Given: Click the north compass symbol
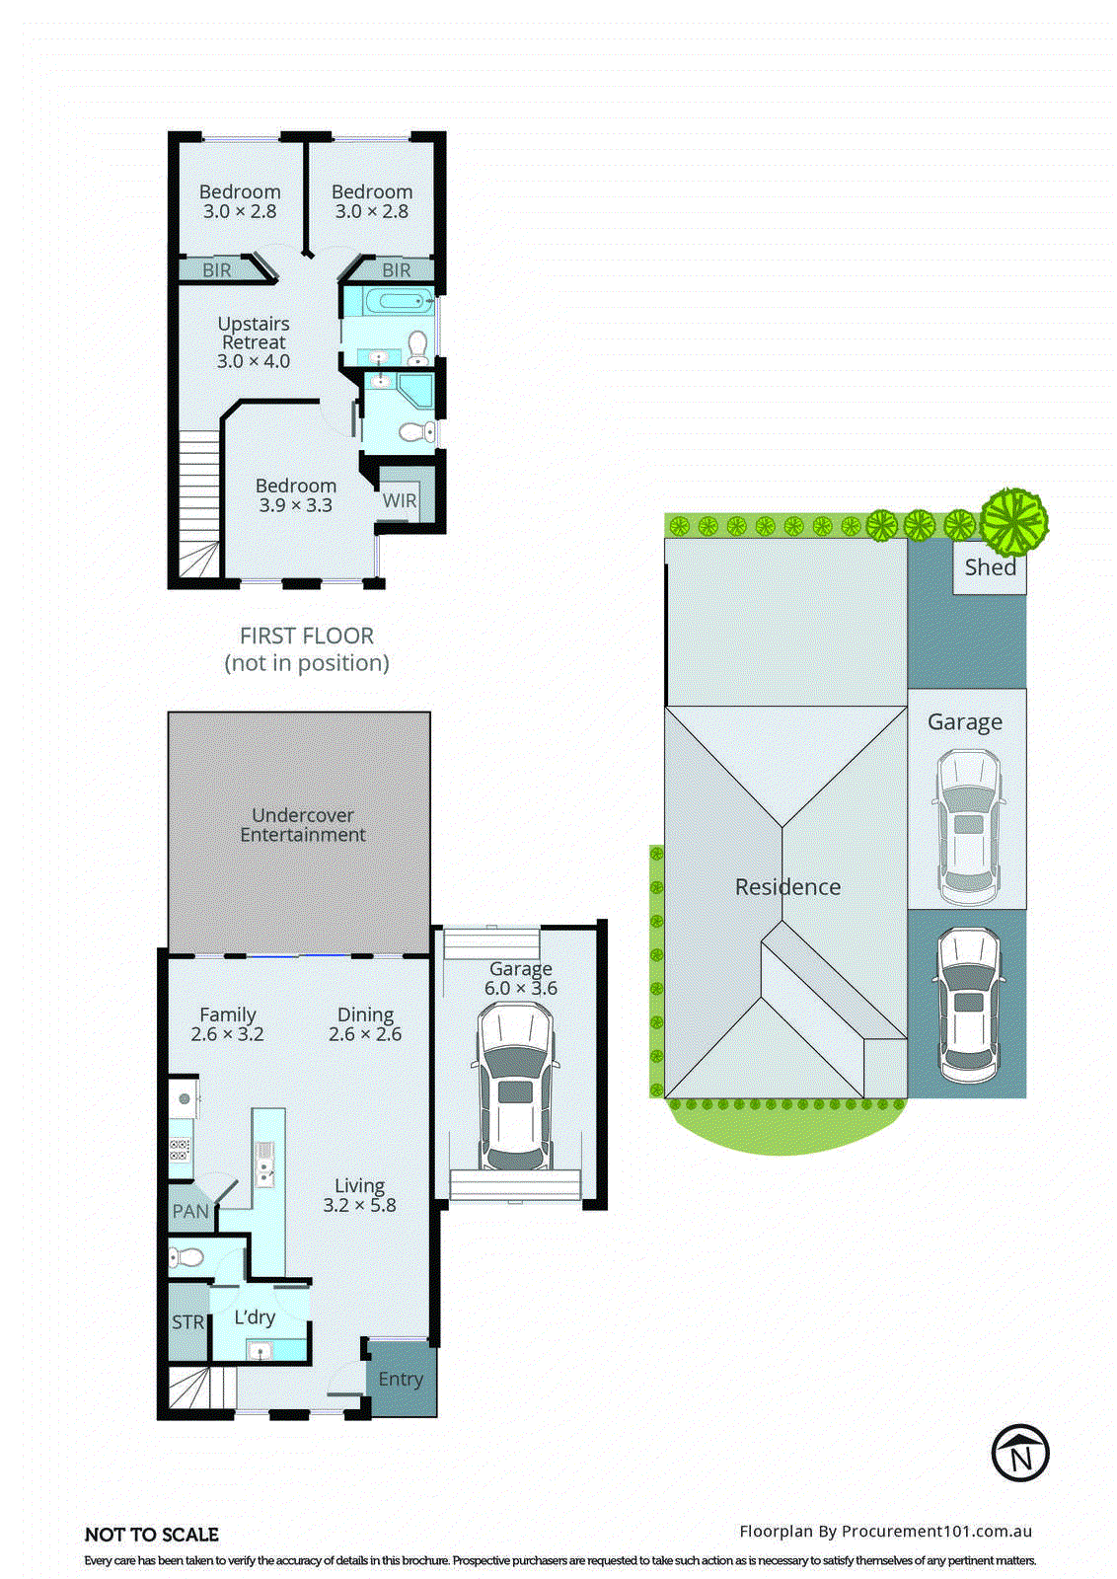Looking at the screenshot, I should (1020, 1453).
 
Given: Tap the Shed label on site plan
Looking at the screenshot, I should (990, 567).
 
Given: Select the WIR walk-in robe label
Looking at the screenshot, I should (400, 500).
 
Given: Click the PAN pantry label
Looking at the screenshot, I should (190, 1211).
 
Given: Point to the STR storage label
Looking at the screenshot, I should (187, 1322).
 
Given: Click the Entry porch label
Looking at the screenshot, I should (401, 1379).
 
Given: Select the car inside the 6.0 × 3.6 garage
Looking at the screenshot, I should (515, 1086).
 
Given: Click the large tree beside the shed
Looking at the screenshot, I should (1013, 520).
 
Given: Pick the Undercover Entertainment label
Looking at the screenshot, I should (302, 825).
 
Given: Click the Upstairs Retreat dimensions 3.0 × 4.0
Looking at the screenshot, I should (254, 361).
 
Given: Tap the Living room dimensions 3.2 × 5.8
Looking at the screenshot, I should (359, 1205).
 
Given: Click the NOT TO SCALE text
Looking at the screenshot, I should (152, 1535).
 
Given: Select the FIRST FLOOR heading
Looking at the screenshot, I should (307, 637).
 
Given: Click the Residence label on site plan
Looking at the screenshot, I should (787, 887).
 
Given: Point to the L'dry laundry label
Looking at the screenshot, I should (255, 1317).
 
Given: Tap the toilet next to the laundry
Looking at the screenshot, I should (186, 1257).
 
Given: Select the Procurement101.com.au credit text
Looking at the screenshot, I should (885, 1532).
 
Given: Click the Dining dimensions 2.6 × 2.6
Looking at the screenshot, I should (365, 1034).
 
